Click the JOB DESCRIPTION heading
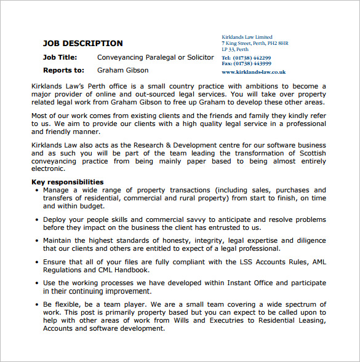[82, 44]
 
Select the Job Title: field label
[61, 57]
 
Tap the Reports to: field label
[63, 70]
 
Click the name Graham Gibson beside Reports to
[122, 70]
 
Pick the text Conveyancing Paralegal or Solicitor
[155, 57]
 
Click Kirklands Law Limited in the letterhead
[247, 37]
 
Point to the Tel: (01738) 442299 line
[246, 58]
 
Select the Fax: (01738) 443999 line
[246, 64]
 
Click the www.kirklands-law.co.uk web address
[254, 72]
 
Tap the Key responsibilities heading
[67, 182]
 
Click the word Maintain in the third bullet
[60, 240]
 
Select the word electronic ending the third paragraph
[48, 168]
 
